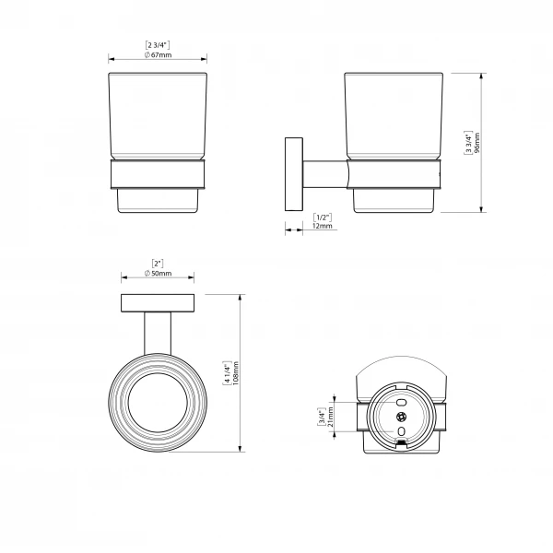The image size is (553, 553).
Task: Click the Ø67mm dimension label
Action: [158, 55]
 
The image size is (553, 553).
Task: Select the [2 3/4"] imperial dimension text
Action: [158, 45]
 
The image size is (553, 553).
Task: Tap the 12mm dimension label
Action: [323, 226]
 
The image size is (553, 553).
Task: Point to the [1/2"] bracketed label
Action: [323, 218]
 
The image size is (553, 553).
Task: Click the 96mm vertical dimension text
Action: [477, 143]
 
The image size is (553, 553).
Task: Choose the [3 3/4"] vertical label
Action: [468, 143]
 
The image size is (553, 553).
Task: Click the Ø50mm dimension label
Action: [158, 274]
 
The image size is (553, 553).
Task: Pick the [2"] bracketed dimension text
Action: [158, 264]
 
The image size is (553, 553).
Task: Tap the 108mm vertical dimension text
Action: [236, 373]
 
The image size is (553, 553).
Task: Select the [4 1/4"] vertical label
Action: [227, 373]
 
